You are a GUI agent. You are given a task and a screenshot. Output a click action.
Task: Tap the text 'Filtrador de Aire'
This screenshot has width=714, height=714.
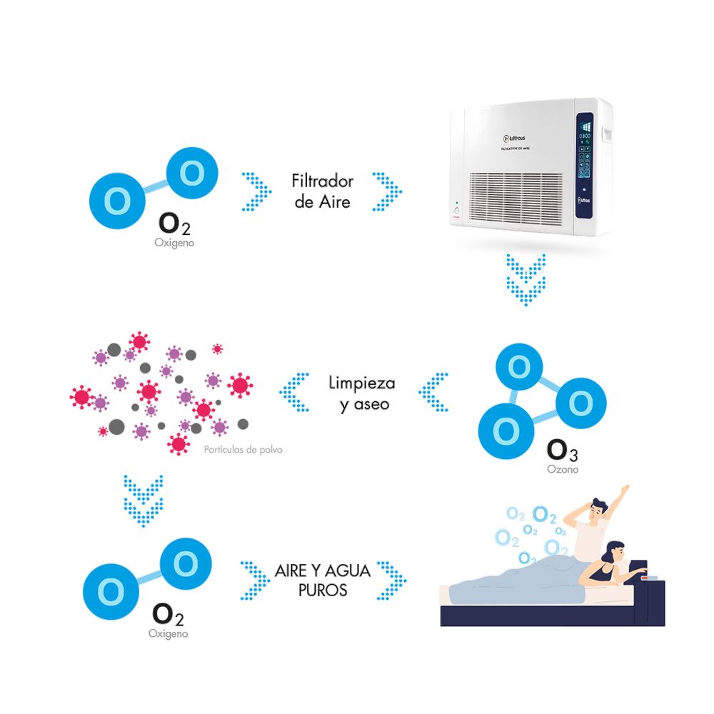[323, 191]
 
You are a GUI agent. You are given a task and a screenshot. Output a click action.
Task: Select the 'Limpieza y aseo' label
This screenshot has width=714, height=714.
[362, 393]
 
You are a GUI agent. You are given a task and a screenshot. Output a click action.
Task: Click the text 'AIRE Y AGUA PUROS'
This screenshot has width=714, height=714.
[323, 580]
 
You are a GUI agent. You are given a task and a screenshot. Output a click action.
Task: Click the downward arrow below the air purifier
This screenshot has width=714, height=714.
[526, 278]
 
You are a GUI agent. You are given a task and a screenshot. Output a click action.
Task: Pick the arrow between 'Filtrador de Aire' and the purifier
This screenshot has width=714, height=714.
[386, 191]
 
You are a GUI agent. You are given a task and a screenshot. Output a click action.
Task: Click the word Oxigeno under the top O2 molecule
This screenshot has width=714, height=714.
[174, 243]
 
